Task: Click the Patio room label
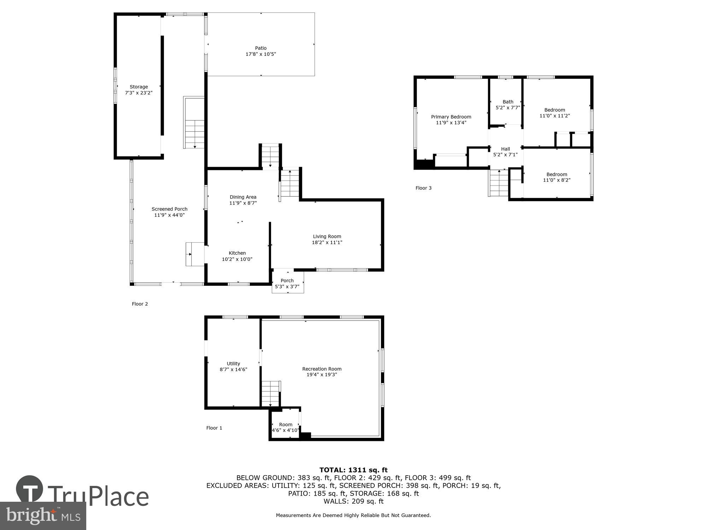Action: (261, 48)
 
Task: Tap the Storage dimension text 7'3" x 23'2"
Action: (139, 93)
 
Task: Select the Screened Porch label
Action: (169, 209)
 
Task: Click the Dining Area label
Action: (243, 197)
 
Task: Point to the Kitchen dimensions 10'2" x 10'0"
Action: (237, 259)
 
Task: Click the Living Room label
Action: (327, 236)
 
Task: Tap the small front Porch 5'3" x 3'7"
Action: (287, 283)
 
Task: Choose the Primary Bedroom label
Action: (451, 117)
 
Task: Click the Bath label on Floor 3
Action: (508, 102)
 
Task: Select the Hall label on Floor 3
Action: (505, 149)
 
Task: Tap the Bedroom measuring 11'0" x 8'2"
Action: (556, 177)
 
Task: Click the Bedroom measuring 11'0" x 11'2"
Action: (554, 113)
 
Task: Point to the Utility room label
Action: (233, 364)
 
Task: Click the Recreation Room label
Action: (321, 369)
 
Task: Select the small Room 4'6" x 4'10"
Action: (285, 427)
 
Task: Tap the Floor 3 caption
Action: (423, 188)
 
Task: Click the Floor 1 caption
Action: (214, 428)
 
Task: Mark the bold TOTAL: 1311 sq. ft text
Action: (353, 470)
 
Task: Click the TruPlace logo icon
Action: (30, 489)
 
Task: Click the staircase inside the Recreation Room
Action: (271, 394)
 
